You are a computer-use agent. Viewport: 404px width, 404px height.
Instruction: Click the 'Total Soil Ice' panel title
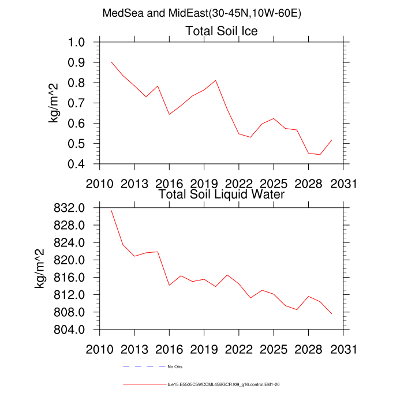point(221,31)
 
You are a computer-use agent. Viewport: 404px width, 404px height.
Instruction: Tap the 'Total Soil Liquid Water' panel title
point(221,194)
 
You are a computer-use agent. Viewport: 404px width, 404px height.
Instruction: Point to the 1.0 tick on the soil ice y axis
point(81,43)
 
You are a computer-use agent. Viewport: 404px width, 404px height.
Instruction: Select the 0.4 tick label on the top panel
point(81,164)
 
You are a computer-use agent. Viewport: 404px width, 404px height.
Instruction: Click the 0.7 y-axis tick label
point(81,103)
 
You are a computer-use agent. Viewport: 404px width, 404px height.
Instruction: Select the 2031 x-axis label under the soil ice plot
point(343,184)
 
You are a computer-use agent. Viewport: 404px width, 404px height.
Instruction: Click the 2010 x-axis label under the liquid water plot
point(100,350)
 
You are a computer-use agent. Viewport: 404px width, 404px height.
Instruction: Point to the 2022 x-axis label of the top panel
point(239,184)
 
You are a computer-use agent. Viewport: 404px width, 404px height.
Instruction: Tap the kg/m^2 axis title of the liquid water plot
point(40,268)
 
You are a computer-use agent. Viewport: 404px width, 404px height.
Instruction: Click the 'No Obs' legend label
point(175,366)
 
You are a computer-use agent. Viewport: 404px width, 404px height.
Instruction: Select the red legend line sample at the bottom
point(144,384)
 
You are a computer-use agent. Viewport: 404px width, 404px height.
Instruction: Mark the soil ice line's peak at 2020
point(216,81)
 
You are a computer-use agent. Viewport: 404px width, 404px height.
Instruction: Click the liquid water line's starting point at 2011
point(111,211)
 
